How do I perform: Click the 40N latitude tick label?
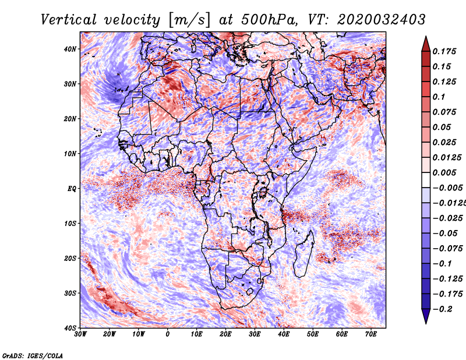pyautogui.click(x=70, y=49)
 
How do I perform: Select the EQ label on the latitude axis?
pyautogui.click(x=72, y=189)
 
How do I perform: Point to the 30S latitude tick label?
pyautogui.click(x=70, y=294)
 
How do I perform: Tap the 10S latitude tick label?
pyautogui.click(x=70, y=224)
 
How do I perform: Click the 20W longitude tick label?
pyautogui.click(x=110, y=334)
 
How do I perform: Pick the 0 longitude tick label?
pyautogui.click(x=168, y=334)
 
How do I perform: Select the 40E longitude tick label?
pyautogui.click(x=284, y=334)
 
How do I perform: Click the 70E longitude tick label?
pyautogui.click(x=371, y=334)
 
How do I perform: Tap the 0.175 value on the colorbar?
pyautogui.click(x=444, y=51)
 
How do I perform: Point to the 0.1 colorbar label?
pyautogui.click(x=439, y=97)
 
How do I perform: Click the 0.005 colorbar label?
pyautogui.click(x=444, y=172)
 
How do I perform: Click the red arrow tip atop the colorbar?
pyautogui.click(x=426, y=37)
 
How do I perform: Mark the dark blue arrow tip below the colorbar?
pyautogui.click(x=426, y=323)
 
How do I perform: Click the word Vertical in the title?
pyautogui.click(x=69, y=20)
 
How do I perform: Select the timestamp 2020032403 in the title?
pyautogui.click(x=382, y=20)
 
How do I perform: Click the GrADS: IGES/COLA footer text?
pyautogui.click(x=33, y=355)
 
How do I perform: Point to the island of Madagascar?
pyautogui.click(x=304, y=253)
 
